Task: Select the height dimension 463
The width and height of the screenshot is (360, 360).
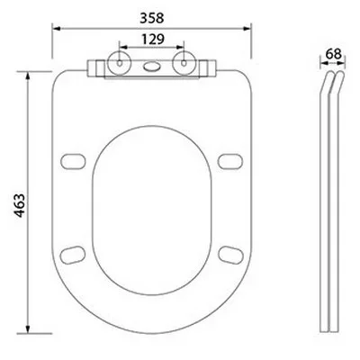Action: pyautogui.click(x=15, y=205)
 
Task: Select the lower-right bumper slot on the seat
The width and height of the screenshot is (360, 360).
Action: pyautogui.click(x=230, y=251)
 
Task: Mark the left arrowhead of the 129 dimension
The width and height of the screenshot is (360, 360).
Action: pyautogui.click(x=117, y=50)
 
